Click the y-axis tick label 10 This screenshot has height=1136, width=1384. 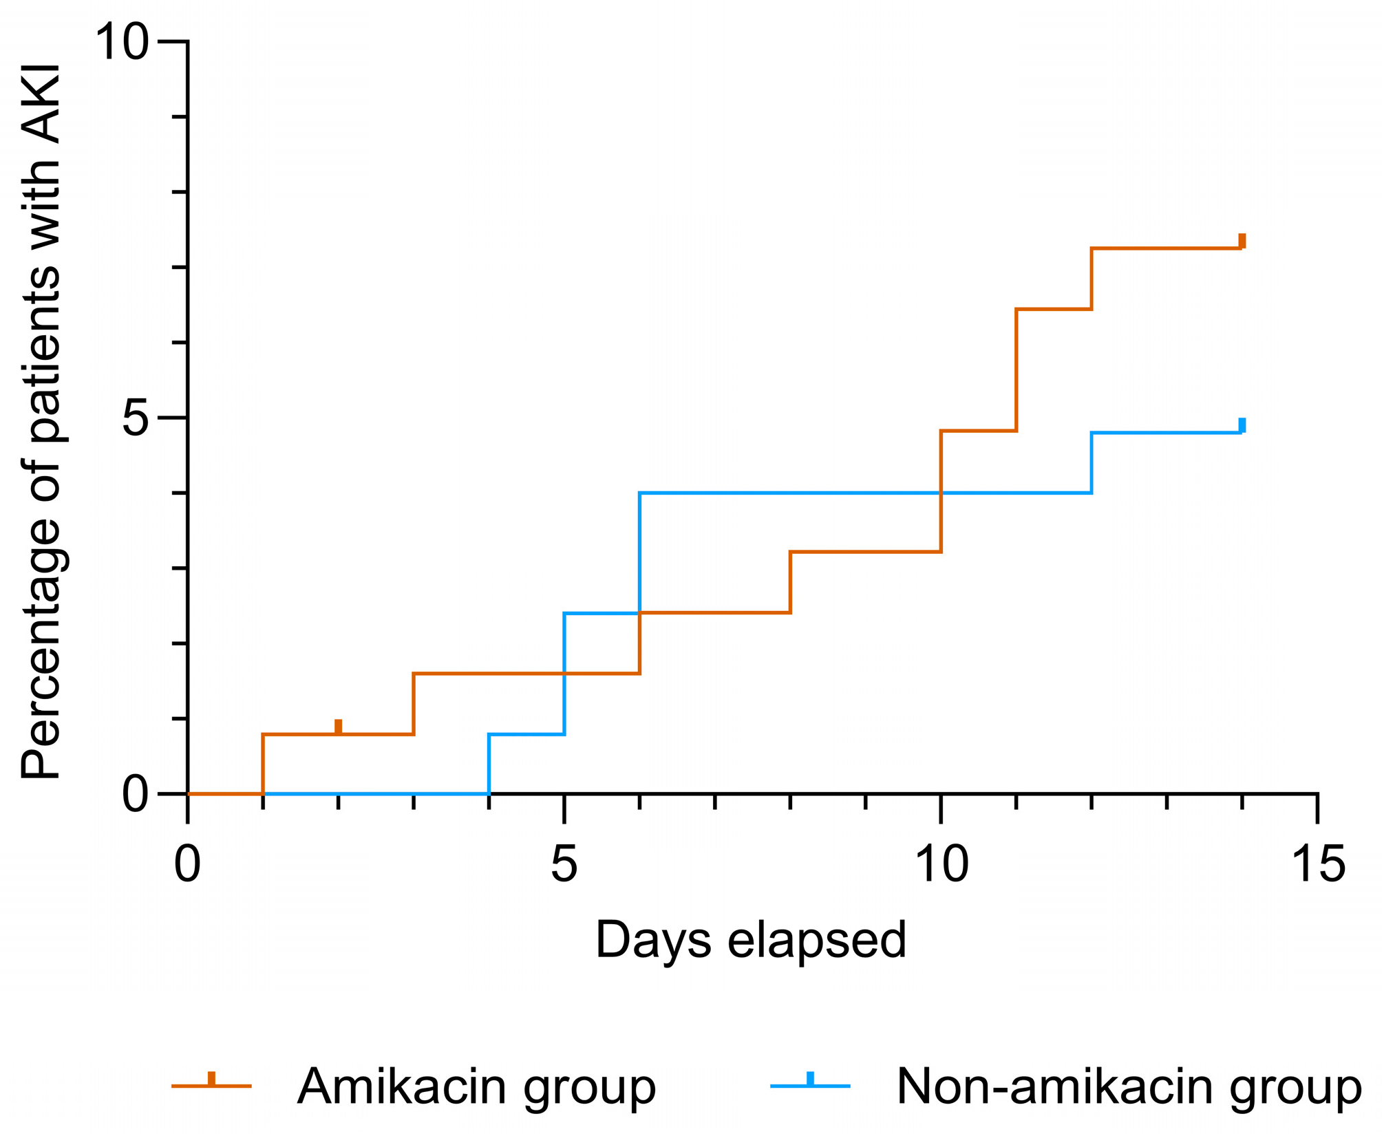[x=122, y=43]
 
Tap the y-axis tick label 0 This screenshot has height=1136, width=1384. [x=136, y=795]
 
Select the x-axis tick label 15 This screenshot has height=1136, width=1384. [x=1319, y=865]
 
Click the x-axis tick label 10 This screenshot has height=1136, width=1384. [x=942, y=865]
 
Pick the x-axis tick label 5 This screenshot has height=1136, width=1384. [x=564, y=865]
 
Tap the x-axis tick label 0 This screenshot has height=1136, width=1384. [x=187, y=865]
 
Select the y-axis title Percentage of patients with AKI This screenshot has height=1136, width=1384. [x=41, y=422]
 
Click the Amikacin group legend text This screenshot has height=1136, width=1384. [x=476, y=1086]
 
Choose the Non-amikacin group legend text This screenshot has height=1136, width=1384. [x=1129, y=1086]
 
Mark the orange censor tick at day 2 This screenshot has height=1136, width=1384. [x=338, y=727]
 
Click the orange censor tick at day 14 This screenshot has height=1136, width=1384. [x=1242, y=241]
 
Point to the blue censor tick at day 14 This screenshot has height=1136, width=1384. [x=1242, y=425]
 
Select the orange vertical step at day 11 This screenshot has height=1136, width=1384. [x=1016, y=370]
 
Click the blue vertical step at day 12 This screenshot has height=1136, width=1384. [x=1092, y=462]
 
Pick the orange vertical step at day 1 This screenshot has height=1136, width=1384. [x=263, y=764]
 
